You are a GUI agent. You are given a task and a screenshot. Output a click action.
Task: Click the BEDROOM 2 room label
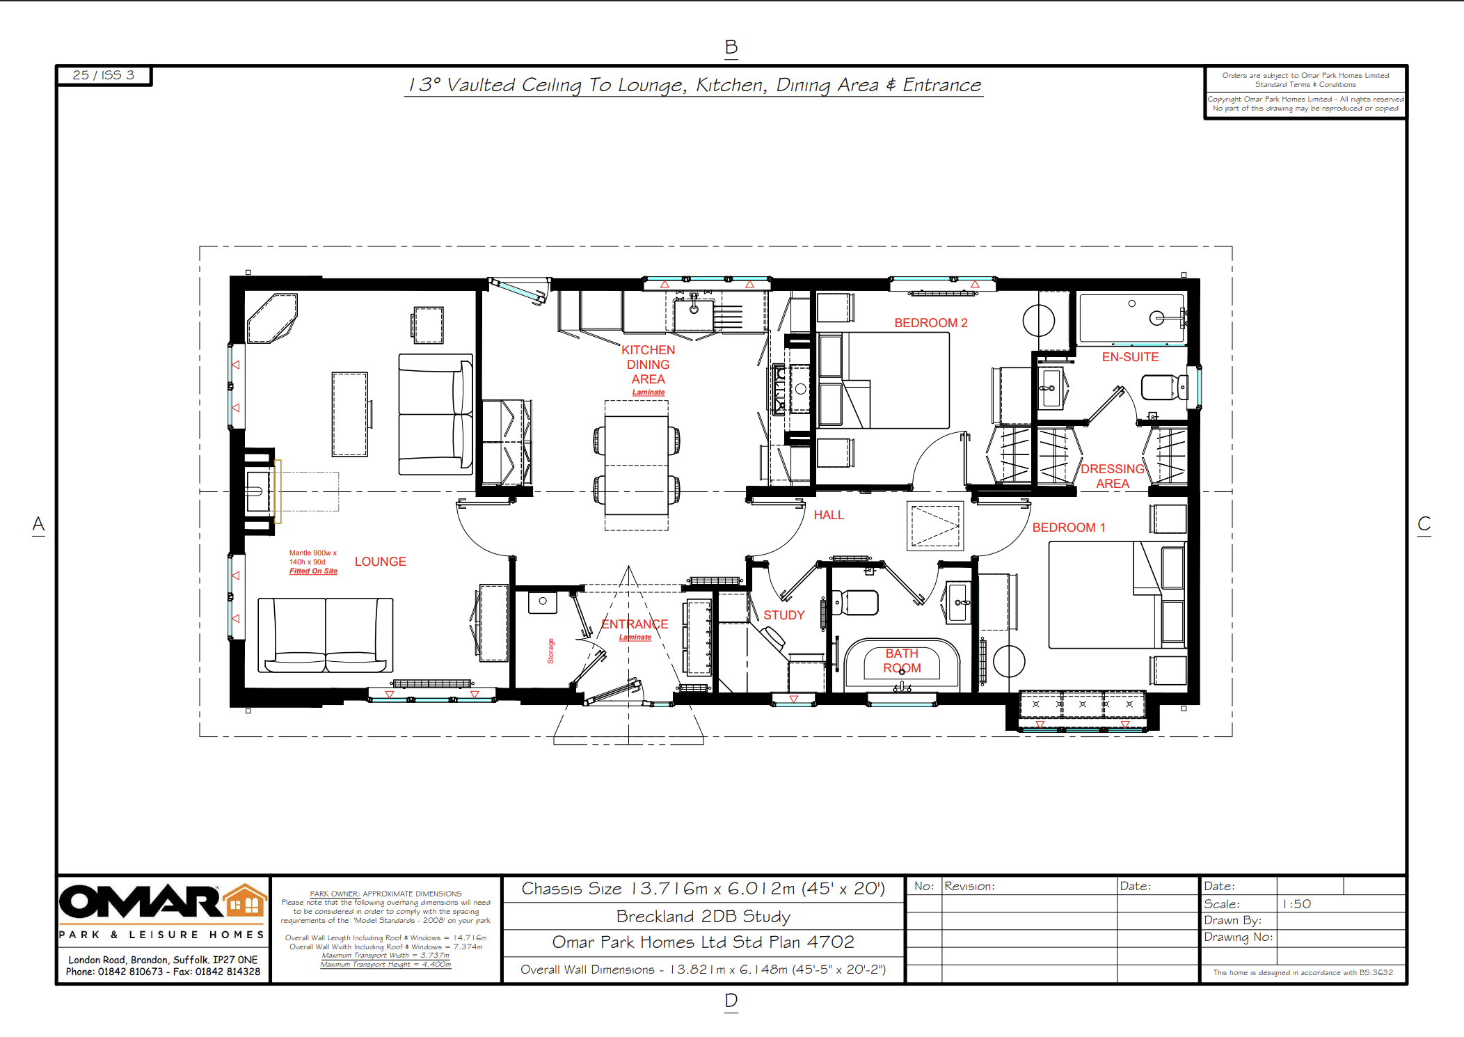[930, 323]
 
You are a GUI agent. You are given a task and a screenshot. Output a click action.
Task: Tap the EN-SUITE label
[1129, 357]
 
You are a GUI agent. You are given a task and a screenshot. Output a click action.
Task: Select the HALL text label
[828, 515]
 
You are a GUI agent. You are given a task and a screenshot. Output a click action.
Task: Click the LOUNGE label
[380, 562]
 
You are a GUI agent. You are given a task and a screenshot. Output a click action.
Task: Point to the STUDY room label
[783, 615]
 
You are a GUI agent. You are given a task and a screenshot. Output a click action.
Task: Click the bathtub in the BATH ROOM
[902, 665]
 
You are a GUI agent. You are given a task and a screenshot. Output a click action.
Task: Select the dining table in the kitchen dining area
[636, 465]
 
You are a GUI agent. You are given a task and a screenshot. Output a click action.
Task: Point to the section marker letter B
[731, 47]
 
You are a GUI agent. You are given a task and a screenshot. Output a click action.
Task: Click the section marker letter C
[1424, 524]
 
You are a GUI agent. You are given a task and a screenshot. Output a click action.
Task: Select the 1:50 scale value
[1296, 904]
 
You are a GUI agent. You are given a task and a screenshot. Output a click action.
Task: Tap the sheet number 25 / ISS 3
[103, 75]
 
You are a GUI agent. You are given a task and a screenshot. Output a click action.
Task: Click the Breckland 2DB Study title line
[703, 917]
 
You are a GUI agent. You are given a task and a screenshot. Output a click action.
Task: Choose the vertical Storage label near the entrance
[550, 651]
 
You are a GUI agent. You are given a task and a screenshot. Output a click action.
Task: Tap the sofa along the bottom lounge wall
[325, 635]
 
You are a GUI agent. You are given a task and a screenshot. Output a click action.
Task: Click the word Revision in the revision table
[969, 886]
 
